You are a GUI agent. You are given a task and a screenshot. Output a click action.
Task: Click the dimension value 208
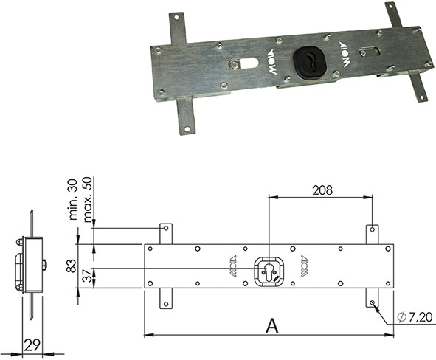pyautogui.click(x=321, y=190)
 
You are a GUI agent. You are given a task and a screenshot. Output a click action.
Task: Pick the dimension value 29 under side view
pyautogui.click(x=31, y=345)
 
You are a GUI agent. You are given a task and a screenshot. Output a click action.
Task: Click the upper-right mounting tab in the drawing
pyautogui.click(x=373, y=233)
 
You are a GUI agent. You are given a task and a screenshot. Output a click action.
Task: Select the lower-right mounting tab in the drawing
pyautogui.click(x=373, y=298)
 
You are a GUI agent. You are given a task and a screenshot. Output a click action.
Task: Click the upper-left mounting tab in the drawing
pyautogui.click(x=167, y=233)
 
